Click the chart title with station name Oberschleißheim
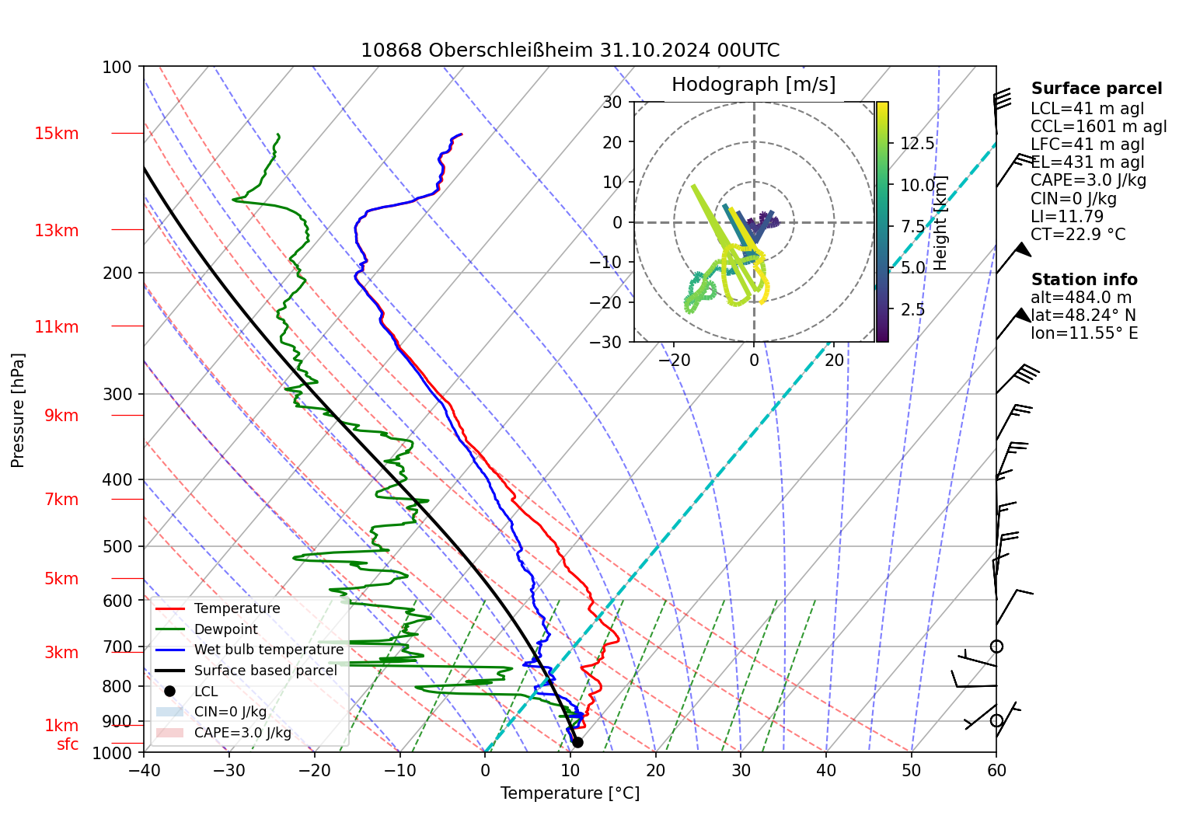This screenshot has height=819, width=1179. [x=570, y=51]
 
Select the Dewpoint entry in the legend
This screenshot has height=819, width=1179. [x=225, y=629]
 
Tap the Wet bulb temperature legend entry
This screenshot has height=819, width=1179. [x=268, y=650]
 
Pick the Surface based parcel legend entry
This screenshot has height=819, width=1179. [x=265, y=671]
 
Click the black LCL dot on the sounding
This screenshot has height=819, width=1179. [x=577, y=742]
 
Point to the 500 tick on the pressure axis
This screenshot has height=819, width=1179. [x=118, y=546]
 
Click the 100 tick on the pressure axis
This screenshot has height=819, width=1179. [x=117, y=67]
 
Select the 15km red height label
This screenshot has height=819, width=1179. [x=56, y=134]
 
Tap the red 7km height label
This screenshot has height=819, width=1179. [x=61, y=500]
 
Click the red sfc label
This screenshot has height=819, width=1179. [x=68, y=744]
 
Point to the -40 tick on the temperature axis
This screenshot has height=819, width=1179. [x=144, y=770]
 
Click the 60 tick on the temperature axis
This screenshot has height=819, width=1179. [x=996, y=770]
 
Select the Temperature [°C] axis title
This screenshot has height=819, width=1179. [x=570, y=793]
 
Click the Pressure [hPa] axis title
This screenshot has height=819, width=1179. [x=18, y=410]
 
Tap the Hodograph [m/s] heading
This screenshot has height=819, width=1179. [x=753, y=85]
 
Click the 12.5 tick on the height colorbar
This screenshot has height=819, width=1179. [x=917, y=144]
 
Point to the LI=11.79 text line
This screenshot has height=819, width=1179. [x=1067, y=217]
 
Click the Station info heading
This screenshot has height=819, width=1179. [x=1084, y=280]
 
